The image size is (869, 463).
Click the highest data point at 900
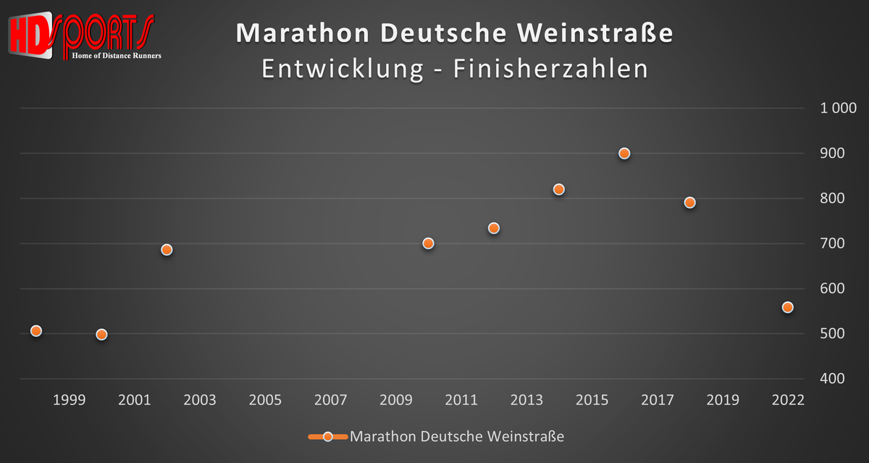tap(624, 154)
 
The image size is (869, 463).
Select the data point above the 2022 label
tap(788, 307)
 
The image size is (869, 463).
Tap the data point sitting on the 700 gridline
tap(428, 243)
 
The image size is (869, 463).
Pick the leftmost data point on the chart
tap(36, 331)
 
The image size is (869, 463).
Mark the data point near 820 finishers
tap(558, 189)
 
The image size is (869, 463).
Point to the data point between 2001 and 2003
tap(167, 250)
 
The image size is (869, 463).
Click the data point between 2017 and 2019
tap(689, 202)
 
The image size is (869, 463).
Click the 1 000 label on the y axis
tap(837, 109)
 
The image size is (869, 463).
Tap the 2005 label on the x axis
tap(265, 400)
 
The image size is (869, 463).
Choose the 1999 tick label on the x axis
tap(69, 400)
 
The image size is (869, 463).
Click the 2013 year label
tap(526, 400)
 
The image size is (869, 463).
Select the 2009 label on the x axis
tap(395, 400)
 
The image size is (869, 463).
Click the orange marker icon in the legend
tap(327, 436)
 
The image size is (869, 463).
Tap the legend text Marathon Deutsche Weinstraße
tap(457, 436)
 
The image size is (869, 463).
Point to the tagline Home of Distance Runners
tap(117, 55)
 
